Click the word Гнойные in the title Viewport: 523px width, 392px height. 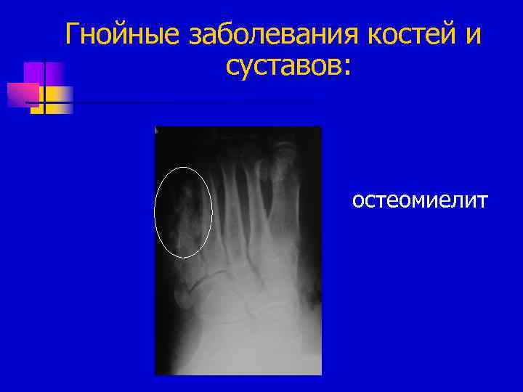click(x=121, y=34)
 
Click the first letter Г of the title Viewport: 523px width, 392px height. click(x=73, y=34)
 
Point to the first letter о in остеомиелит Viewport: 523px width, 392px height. click(x=359, y=200)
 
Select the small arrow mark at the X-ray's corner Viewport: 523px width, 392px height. click(x=158, y=130)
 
